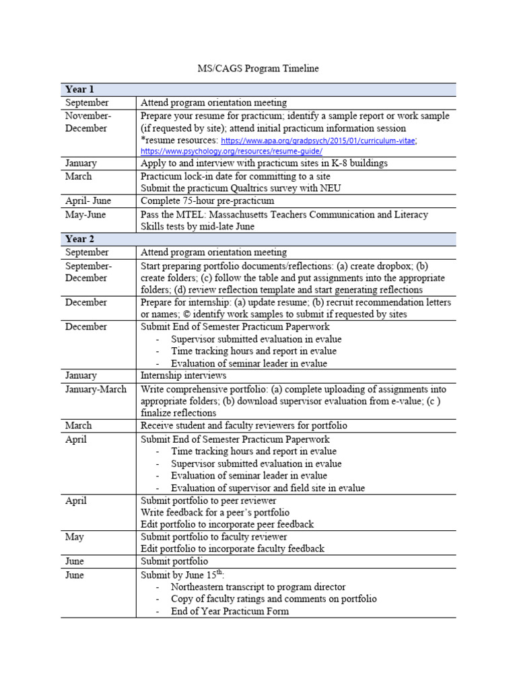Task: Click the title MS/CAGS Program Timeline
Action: tap(258, 68)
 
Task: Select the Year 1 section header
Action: tap(79, 89)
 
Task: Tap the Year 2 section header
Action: tap(79, 239)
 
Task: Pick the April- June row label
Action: tap(88, 201)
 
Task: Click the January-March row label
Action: tap(96, 389)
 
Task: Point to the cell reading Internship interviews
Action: tap(183, 375)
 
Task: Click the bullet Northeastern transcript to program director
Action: tap(258, 587)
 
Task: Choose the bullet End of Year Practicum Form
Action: tap(230, 611)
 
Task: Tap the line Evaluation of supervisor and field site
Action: tap(267, 488)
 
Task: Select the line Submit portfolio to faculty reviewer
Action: tap(213, 536)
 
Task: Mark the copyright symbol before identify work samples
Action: tap(221, 314)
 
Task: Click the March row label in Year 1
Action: tap(79, 176)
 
